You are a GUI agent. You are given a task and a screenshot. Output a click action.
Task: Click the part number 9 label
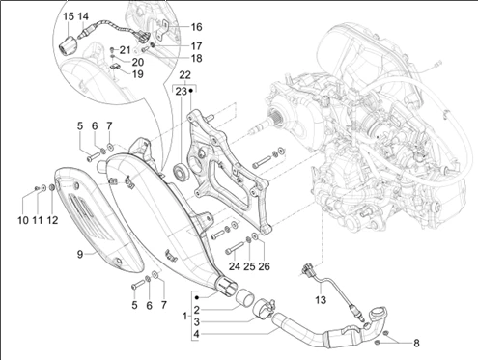[80, 254]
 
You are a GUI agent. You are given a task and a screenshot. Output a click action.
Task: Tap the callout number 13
[321, 300]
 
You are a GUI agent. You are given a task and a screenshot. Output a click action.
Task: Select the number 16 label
[196, 27]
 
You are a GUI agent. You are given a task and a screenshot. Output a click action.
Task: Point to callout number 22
[184, 75]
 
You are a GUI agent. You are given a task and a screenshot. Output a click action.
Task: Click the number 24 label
[235, 266]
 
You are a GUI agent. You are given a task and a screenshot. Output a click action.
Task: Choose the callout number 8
[416, 344]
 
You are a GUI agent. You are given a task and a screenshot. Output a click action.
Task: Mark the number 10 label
[23, 220]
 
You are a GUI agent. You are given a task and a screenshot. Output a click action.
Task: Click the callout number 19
[138, 74]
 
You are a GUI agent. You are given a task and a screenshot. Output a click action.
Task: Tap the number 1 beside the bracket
[184, 317]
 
